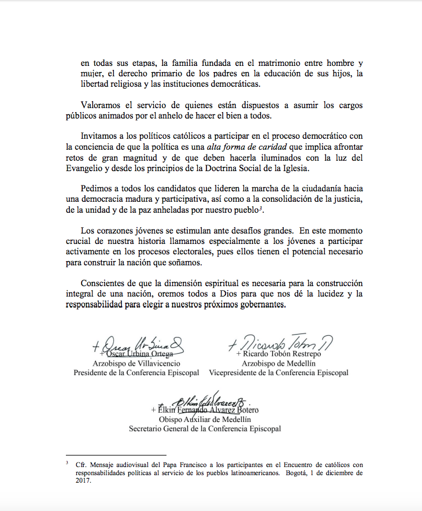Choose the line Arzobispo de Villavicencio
[136, 364]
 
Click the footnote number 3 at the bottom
[67, 463]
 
